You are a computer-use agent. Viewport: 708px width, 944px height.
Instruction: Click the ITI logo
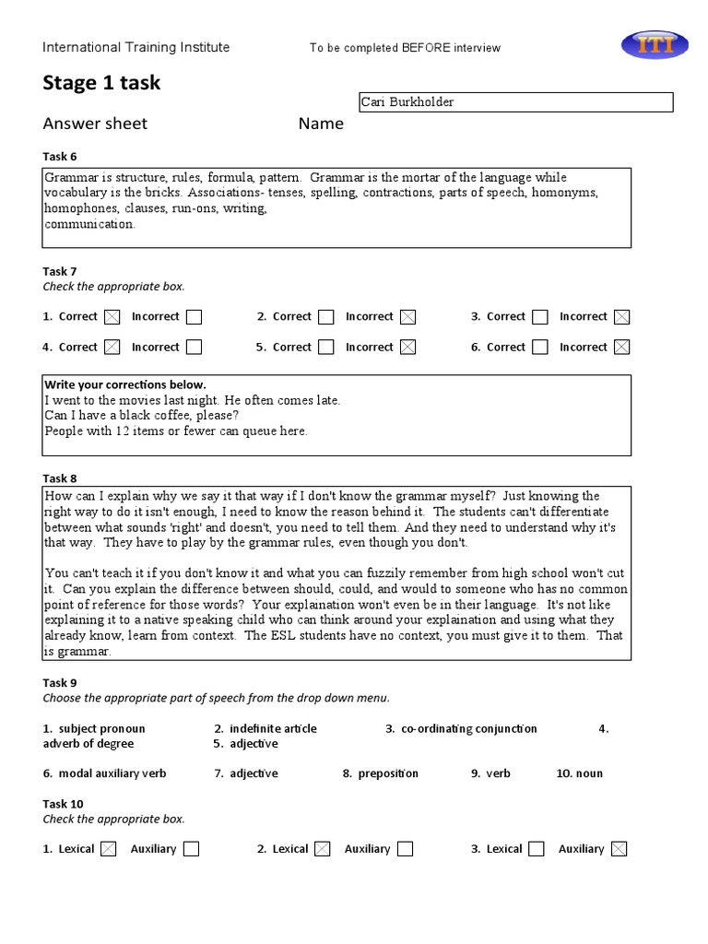pyautogui.click(x=654, y=45)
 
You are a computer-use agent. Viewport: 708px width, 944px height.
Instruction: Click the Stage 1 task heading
pyautogui.click(x=101, y=83)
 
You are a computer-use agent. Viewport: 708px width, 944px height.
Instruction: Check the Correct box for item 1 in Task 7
pyautogui.click(x=112, y=317)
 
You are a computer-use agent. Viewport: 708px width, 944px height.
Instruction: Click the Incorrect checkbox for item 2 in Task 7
pyautogui.click(x=407, y=317)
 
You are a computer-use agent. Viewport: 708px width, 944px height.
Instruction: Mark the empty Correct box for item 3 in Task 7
pyautogui.click(x=540, y=317)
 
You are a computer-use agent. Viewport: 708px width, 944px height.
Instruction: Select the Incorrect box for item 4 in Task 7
pyautogui.click(x=194, y=348)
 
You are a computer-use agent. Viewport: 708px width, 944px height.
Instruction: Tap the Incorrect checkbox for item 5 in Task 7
pyautogui.click(x=407, y=348)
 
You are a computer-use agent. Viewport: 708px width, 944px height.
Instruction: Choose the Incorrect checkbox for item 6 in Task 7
pyautogui.click(x=622, y=348)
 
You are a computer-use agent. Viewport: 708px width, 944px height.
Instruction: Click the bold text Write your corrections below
pyautogui.click(x=125, y=384)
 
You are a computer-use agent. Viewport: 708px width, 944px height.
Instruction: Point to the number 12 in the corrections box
pyautogui.click(x=122, y=431)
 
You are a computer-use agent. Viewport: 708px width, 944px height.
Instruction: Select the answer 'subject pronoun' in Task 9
pyautogui.click(x=101, y=729)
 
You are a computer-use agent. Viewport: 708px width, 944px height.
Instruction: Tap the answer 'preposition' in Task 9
pyautogui.click(x=387, y=773)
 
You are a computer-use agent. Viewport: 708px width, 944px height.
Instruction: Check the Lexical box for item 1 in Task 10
pyautogui.click(x=108, y=849)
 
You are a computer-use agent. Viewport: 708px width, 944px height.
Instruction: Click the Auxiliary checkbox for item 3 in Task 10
pyautogui.click(x=619, y=849)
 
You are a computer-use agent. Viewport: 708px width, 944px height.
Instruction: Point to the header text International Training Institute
pyautogui.click(x=136, y=48)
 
